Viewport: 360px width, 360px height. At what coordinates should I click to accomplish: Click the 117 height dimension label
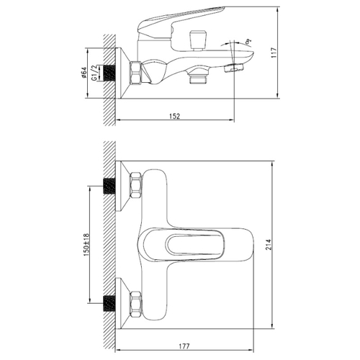[274, 53]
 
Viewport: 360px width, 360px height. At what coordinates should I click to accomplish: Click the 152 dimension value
[175, 116]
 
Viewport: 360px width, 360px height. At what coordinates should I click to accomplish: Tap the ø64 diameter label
[84, 73]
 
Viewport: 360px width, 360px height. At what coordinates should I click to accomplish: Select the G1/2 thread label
[94, 73]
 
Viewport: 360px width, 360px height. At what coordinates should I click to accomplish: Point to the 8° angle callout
[248, 42]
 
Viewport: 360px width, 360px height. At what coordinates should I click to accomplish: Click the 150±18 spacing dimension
[86, 245]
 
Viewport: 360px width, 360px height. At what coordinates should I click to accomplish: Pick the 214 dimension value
[268, 245]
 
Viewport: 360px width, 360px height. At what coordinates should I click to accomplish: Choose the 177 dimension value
[184, 346]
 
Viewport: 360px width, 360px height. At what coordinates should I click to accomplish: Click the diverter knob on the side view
[198, 40]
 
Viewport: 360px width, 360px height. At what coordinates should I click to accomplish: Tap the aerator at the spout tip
[234, 68]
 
